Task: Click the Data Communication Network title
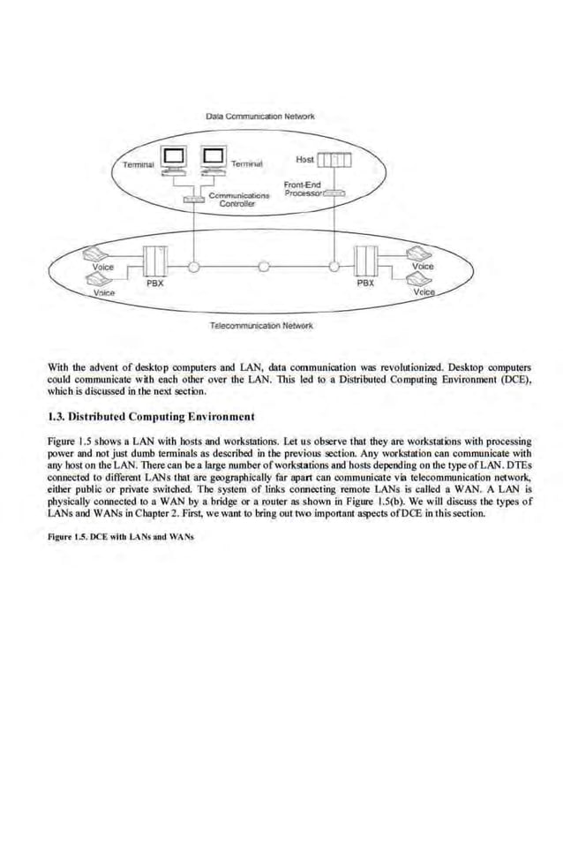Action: tap(259, 116)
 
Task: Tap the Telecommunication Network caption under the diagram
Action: tap(261, 325)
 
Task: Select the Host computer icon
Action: tap(334, 160)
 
